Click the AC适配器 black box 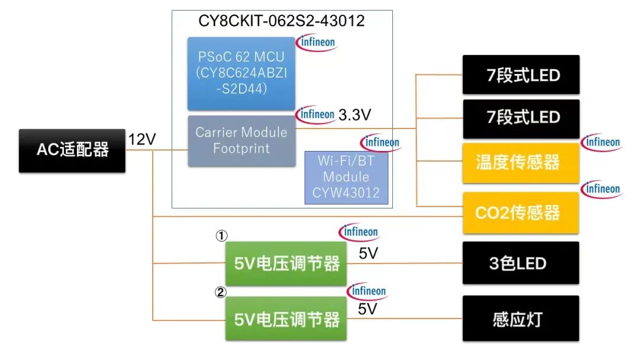click(x=72, y=150)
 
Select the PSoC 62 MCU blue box click(x=241, y=73)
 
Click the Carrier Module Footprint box click(x=241, y=140)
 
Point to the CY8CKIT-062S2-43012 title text click(x=282, y=21)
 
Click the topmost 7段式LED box click(x=521, y=75)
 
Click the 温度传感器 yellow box click(x=521, y=163)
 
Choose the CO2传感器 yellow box click(x=521, y=213)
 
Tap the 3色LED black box click(x=521, y=263)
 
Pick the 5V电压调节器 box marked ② click(x=286, y=319)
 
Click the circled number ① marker click(x=221, y=236)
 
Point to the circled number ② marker click(x=220, y=291)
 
